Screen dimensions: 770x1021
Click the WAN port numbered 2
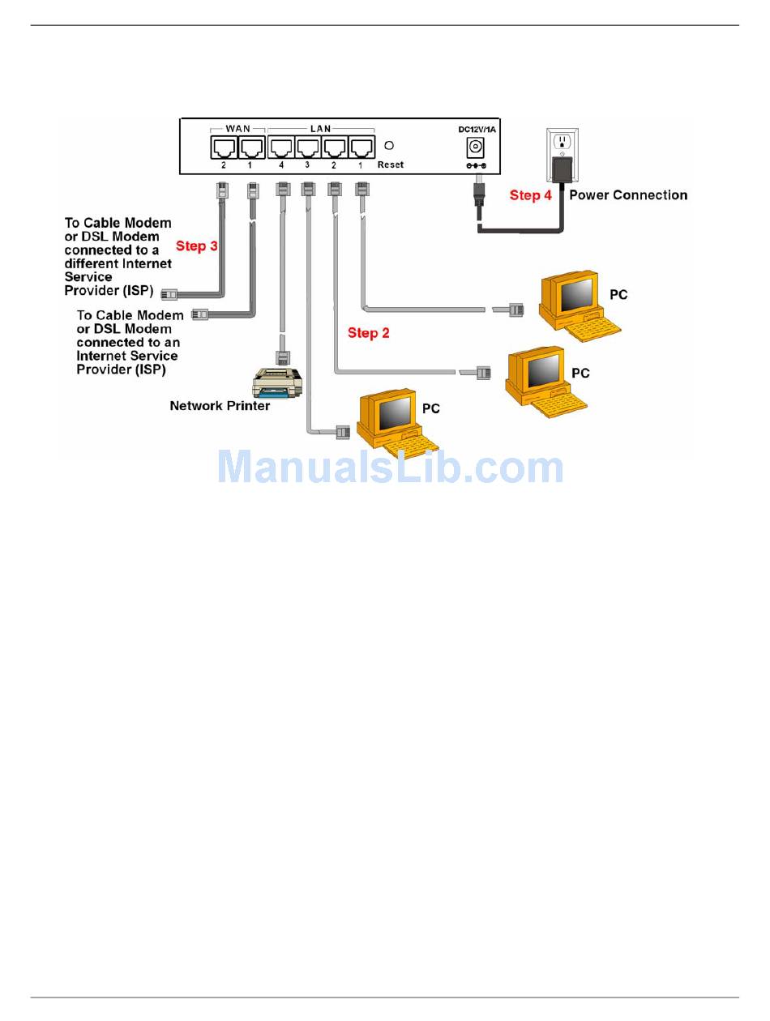click(x=224, y=147)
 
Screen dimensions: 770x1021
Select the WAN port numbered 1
click(x=252, y=147)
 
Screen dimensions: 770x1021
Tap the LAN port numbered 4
click(x=281, y=147)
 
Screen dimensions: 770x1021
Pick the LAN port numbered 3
click(x=308, y=147)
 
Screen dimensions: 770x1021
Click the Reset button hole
click(x=389, y=146)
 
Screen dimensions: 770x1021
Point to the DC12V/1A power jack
click(x=475, y=147)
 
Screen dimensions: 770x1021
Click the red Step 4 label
click(x=530, y=195)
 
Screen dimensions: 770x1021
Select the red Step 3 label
click(x=196, y=246)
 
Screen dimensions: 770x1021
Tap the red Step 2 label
click(x=368, y=333)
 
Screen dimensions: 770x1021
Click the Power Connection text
click(x=628, y=195)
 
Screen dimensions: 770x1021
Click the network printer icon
click(x=277, y=382)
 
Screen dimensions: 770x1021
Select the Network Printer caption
click(x=220, y=406)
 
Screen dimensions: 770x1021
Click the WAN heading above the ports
click(x=237, y=128)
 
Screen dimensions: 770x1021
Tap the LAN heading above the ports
click(x=320, y=128)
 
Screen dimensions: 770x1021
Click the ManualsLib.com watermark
click(x=390, y=467)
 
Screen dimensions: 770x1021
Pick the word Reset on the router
click(x=391, y=164)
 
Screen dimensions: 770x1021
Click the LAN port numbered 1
click(x=362, y=147)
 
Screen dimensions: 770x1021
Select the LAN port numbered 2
click(x=335, y=147)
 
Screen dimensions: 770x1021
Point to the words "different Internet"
click(x=118, y=263)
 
